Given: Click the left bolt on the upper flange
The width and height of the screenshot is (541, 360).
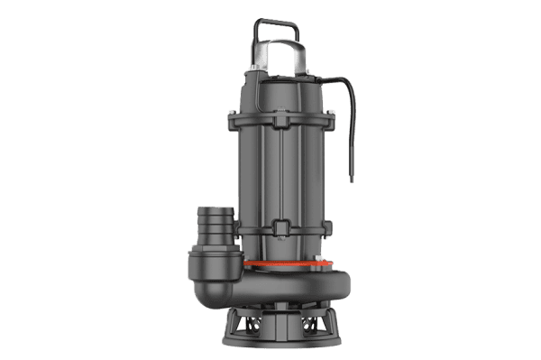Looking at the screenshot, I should pyautogui.click(x=236, y=114).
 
